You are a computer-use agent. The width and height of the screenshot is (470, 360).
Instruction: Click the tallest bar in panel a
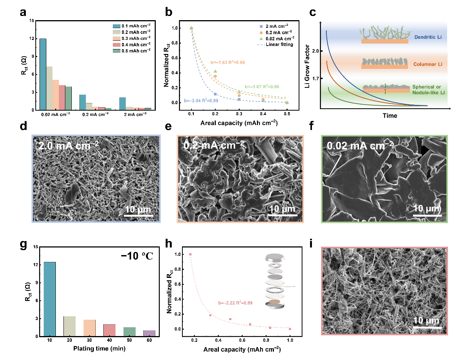point(43,74)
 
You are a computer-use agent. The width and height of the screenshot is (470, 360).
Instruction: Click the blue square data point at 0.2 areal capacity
point(215,94)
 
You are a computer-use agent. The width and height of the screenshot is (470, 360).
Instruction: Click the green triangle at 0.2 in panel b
point(215,71)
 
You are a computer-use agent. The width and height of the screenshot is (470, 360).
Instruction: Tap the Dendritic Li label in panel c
point(427,37)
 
